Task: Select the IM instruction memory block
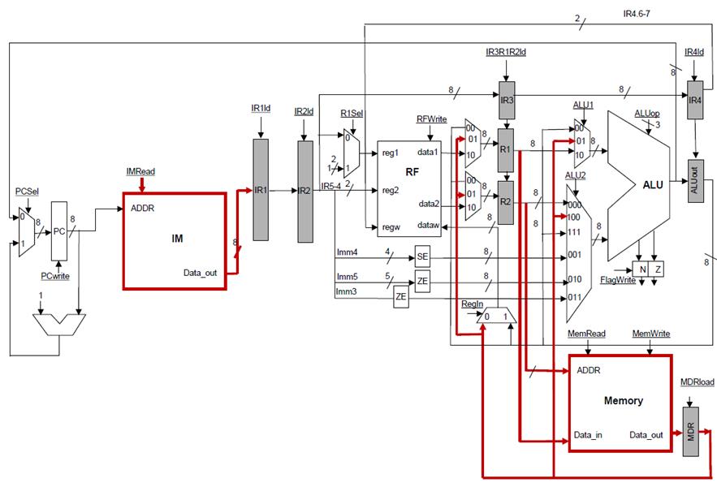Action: click(174, 240)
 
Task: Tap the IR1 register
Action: click(261, 190)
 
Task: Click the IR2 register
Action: click(305, 190)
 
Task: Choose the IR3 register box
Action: click(507, 99)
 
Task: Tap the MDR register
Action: click(690, 428)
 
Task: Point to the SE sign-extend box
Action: click(422, 256)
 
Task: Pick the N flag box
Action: click(641, 269)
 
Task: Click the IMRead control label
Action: click(140, 171)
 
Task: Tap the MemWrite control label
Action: click(650, 334)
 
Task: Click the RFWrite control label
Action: click(432, 119)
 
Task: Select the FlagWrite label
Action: click(617, 281)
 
